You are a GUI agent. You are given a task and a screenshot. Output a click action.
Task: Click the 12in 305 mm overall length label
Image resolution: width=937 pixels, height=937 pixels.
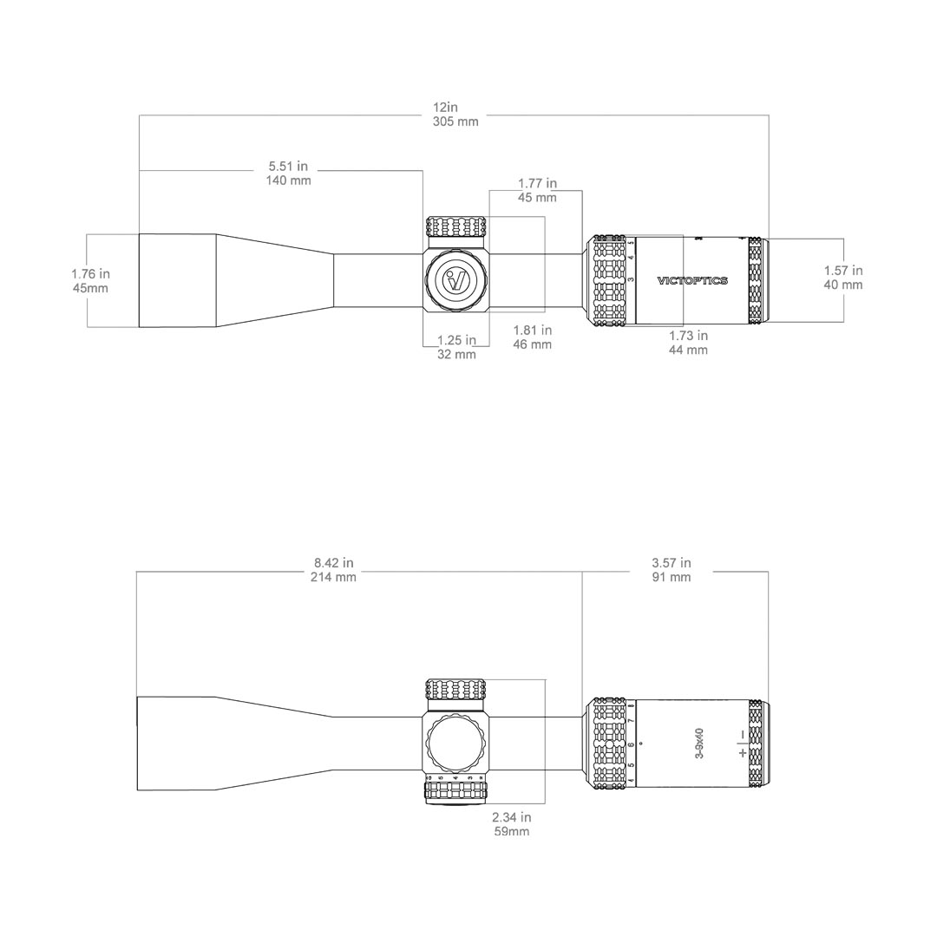point(455,115)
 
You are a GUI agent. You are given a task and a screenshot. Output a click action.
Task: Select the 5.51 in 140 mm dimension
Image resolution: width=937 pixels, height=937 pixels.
point(288,173)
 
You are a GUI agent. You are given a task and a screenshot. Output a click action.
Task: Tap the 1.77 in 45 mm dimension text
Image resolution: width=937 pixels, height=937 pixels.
point(537,190)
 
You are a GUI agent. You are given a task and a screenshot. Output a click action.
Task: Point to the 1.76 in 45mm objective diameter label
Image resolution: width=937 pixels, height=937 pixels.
point(90,280)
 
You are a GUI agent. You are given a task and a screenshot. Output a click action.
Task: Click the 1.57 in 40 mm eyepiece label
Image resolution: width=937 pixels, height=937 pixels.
point(842,278)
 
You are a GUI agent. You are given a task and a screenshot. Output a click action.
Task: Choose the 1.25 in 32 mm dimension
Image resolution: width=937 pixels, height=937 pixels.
point(456,347)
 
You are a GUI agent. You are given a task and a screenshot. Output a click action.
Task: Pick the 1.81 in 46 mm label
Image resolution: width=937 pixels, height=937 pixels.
point(532,337)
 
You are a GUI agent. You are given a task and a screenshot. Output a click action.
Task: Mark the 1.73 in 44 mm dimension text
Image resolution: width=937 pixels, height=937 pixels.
point(688,343)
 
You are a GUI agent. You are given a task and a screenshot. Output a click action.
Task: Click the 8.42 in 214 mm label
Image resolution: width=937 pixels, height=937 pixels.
point(333,570)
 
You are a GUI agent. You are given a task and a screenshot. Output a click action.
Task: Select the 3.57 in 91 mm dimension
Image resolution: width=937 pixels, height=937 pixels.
point(672,570)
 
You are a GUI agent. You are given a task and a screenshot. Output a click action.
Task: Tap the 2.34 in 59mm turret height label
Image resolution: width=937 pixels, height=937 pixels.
point(511,824)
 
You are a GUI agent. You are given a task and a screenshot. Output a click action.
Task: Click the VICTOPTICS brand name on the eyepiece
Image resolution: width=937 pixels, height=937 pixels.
point(692,281)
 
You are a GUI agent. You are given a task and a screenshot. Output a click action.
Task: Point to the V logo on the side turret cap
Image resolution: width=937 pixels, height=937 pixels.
point(455,281)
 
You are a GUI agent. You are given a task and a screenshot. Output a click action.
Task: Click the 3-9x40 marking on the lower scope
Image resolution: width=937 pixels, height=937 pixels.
point(700,744)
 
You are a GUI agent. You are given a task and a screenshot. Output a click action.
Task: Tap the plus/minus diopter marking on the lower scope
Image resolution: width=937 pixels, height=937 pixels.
point(742,744)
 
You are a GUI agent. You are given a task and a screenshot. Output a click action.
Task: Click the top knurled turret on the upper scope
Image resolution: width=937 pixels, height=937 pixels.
point(455,227)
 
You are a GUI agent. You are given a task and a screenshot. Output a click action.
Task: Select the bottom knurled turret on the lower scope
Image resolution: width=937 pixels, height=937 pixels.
point(455,791)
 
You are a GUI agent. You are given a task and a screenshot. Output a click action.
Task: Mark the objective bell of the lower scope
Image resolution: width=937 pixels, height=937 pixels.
point(178,744)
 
